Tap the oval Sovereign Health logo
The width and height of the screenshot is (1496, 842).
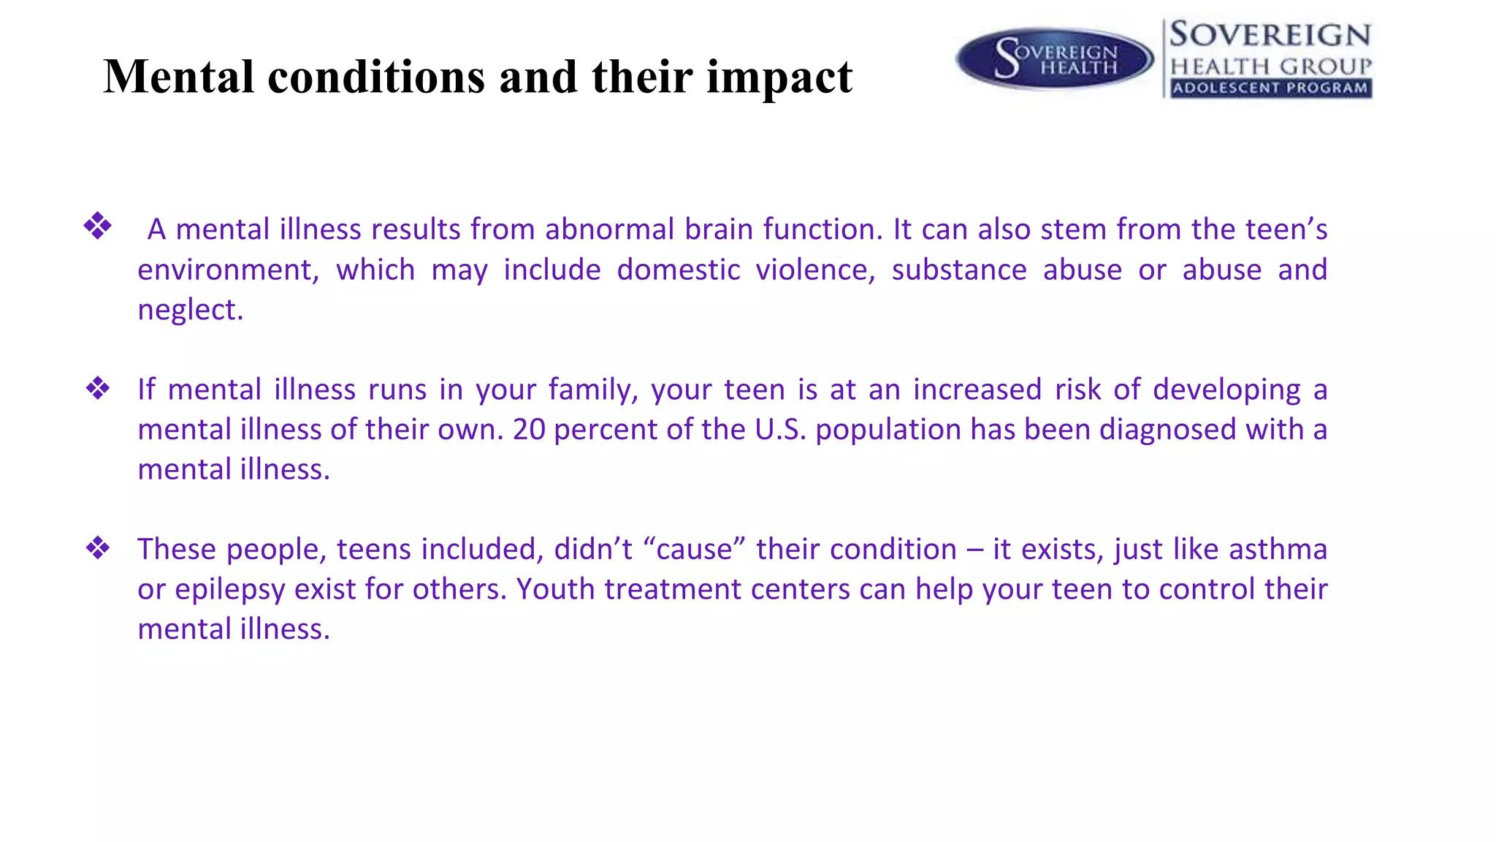1055,58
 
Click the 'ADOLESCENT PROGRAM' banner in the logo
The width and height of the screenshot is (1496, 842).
1270,88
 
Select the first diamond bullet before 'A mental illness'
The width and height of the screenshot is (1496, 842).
97,226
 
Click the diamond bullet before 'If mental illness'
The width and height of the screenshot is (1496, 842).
97,388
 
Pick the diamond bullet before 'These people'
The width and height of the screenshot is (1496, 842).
97,547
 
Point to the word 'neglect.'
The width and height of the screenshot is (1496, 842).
190,310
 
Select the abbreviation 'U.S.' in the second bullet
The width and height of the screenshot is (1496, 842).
780,430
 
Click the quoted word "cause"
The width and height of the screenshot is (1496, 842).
694,549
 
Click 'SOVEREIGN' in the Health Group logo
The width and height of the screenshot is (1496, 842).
1270,35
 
